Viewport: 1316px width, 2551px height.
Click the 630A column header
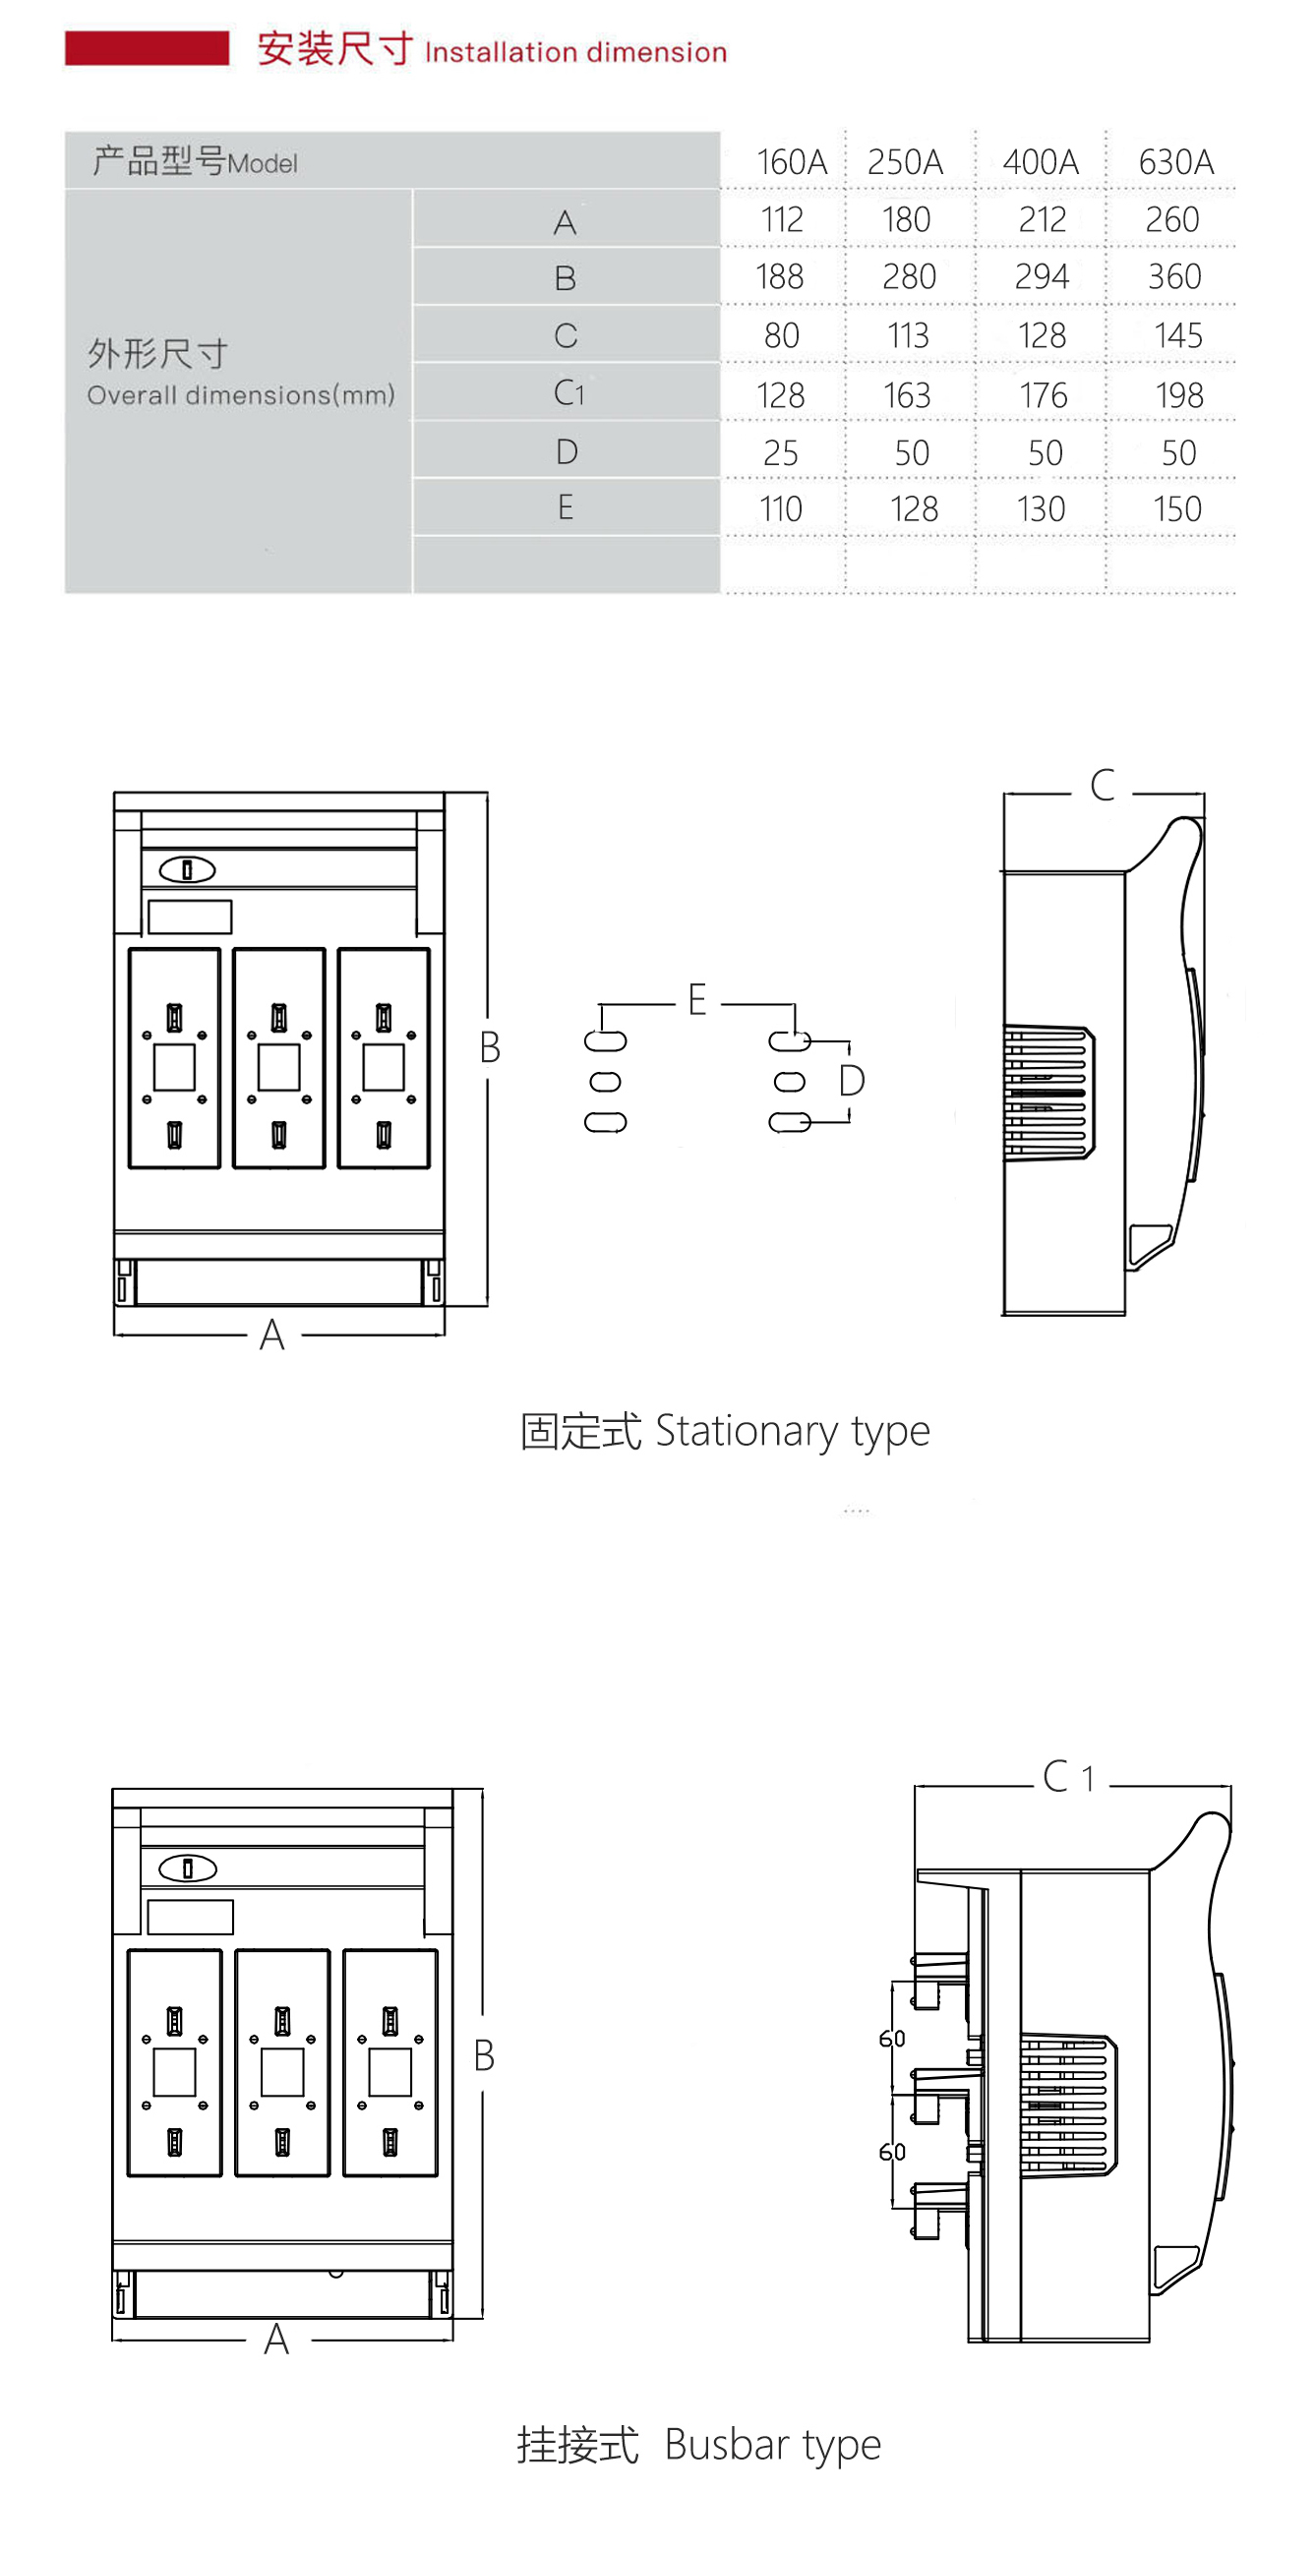pyautogui.click(x=1175, y=161)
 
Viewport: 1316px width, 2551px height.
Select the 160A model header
pyautogui.click(x=791, y=161)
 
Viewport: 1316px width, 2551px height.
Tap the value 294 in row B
pyautogui.click(x=1042, y=276)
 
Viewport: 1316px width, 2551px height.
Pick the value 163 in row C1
pyautogui.click(x=907, y=395)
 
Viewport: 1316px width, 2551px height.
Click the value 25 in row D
pyautogui.click(x=780, y=452)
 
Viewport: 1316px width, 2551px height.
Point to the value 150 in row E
pyautogui.click(x=1177, y=509)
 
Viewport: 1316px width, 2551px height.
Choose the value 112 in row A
pyautogui.click(x=781, y=219)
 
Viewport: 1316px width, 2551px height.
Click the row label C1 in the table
pyautogui.click(x=568, y=393)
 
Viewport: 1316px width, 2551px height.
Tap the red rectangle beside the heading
pyautogui.click(x=147, y=47)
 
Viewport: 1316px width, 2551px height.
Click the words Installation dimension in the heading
pyautogui.click(x=575, y=51)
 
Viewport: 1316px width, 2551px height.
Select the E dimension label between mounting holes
pyautogui.click(x=697, y=999)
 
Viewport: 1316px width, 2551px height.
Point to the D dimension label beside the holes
pyautogui.click(x=852, y=1081)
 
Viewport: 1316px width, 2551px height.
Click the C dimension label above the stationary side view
pyautogui.click(x=1103, y=786)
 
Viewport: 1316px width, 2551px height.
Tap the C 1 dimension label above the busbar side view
pyautogui.click(x=1068, y=1777)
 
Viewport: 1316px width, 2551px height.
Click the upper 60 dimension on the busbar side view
pyautogui.click(x=892, y=2038)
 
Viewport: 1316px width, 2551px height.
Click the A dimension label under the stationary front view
pyautogui.click(x=272, y=1335)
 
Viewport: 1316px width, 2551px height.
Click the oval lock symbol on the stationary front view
pyautogui.click(x=187, y=869)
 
